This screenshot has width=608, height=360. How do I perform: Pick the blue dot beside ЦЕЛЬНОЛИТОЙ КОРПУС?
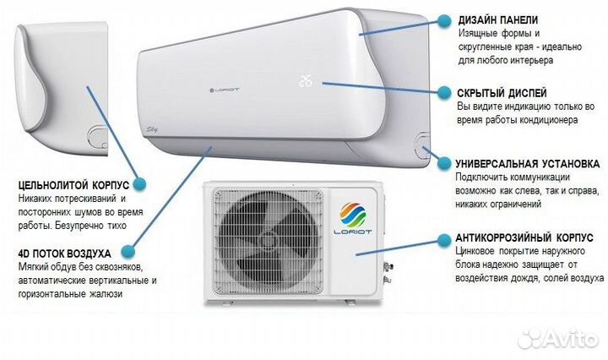pyautogui.click(x=140, y=182)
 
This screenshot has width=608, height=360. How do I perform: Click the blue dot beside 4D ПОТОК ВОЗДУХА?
pyautogui.click(x=128, y=252)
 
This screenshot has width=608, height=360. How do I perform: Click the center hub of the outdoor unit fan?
pyautogui.click(x=268, y=243)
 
